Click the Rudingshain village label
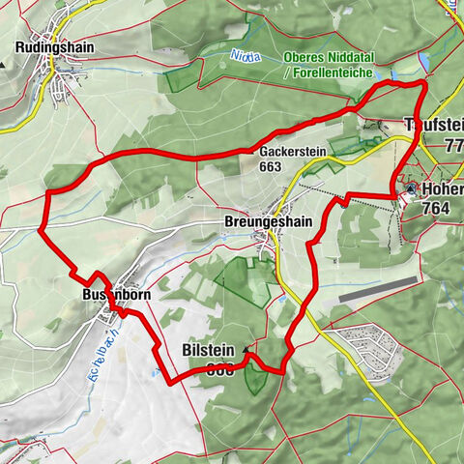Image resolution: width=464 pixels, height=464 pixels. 54,45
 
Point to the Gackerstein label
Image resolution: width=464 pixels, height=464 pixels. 292,152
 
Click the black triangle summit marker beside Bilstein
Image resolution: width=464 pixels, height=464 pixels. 246,350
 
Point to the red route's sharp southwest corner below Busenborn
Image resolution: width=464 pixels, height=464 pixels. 169,383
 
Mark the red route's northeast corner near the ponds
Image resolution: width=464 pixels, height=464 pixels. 423,85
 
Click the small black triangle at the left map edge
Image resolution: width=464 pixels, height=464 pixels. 3,64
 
